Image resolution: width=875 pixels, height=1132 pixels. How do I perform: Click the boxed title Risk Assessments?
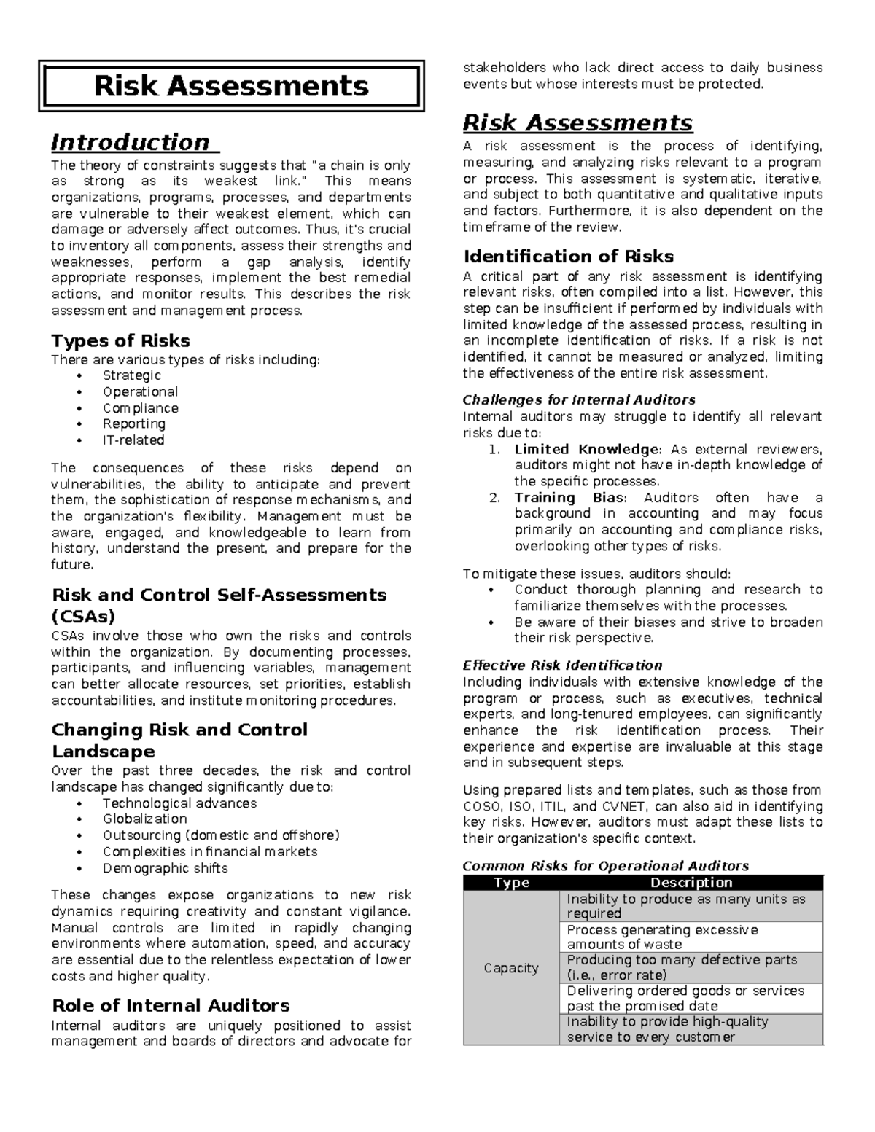(231, 86)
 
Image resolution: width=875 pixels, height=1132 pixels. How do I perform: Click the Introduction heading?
(131, 142)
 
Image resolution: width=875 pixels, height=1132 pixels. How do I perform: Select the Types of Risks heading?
(120, 341)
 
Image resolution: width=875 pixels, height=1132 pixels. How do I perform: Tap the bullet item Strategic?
(131, 375)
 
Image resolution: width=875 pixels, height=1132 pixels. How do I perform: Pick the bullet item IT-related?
(133, 440)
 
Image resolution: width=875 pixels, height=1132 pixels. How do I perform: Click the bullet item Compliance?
(140, 408)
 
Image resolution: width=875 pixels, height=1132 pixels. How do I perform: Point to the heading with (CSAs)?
(83, 617)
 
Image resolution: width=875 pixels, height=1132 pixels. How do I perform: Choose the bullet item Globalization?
(144, 819)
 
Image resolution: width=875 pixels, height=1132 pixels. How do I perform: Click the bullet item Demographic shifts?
(165, 868)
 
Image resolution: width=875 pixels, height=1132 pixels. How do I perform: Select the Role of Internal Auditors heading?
(171, 1006)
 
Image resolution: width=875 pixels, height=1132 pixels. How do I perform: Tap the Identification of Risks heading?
(568, 257)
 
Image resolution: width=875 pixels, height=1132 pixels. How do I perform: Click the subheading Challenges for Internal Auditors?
(579, 400)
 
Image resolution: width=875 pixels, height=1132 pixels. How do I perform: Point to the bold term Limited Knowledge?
(586, 449)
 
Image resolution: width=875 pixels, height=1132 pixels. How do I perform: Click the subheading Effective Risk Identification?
(562, 665)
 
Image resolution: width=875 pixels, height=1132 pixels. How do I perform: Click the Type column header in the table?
(511, 883)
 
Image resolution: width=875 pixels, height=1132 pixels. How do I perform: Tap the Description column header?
(691, 883)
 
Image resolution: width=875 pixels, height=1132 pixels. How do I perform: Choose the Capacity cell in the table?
(511, 968)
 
